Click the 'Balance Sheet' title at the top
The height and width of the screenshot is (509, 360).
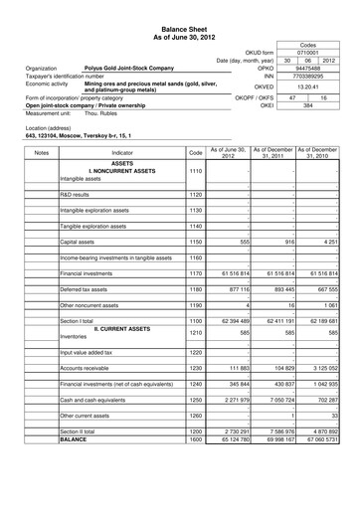179,31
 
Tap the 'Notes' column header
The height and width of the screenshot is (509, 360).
41,152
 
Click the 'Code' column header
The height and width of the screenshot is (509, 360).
195,152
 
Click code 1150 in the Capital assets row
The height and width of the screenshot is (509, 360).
195,242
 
